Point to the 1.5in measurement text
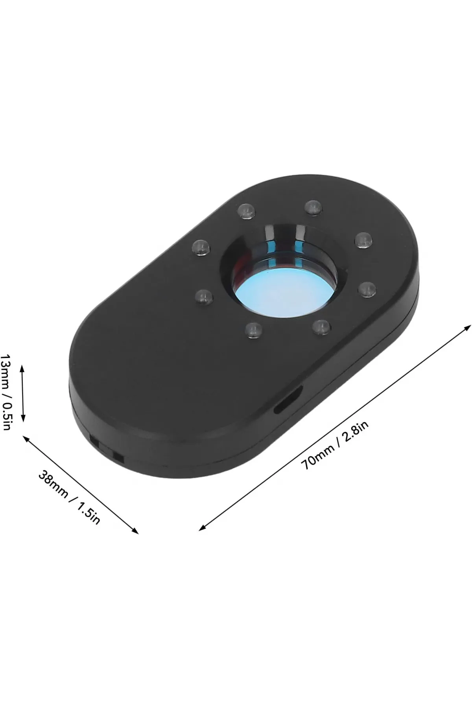coord(88,513)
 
